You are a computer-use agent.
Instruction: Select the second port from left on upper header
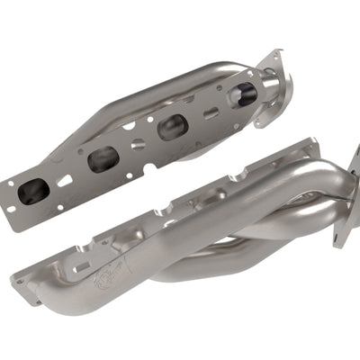[102, 159]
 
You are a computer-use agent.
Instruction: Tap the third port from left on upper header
[171, 127]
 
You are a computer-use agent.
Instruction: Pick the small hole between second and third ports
[138, 144]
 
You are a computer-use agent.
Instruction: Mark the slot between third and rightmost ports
[209, 113]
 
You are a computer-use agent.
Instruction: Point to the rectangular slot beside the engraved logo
[79, 267]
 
